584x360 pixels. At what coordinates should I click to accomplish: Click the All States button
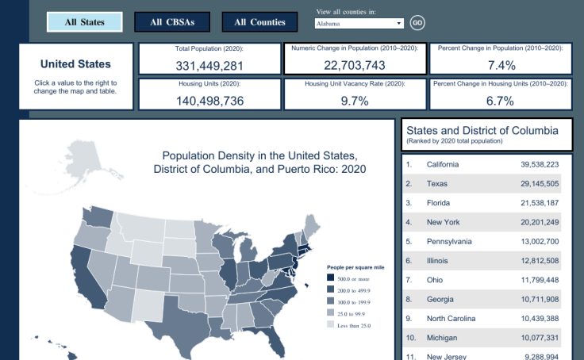point(85,22)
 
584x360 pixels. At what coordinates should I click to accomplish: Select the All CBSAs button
point(171,22)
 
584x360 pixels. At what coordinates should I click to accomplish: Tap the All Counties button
point(259,22)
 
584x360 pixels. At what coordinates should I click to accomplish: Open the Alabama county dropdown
point(359,24)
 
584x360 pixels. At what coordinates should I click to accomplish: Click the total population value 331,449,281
point(209,65)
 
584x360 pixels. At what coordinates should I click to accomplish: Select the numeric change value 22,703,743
point(355,65)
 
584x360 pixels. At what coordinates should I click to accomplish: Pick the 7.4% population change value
point(501,65)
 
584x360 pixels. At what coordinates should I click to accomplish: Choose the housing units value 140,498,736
point(209,100)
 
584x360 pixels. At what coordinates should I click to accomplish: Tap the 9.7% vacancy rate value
point(355,100)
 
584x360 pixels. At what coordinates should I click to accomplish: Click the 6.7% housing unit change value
point(501,100)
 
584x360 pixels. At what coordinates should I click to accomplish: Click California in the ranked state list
point(443,164)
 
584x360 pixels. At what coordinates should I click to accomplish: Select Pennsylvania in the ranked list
point(449,241)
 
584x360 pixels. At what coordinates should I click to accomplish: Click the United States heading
point(75,64)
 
